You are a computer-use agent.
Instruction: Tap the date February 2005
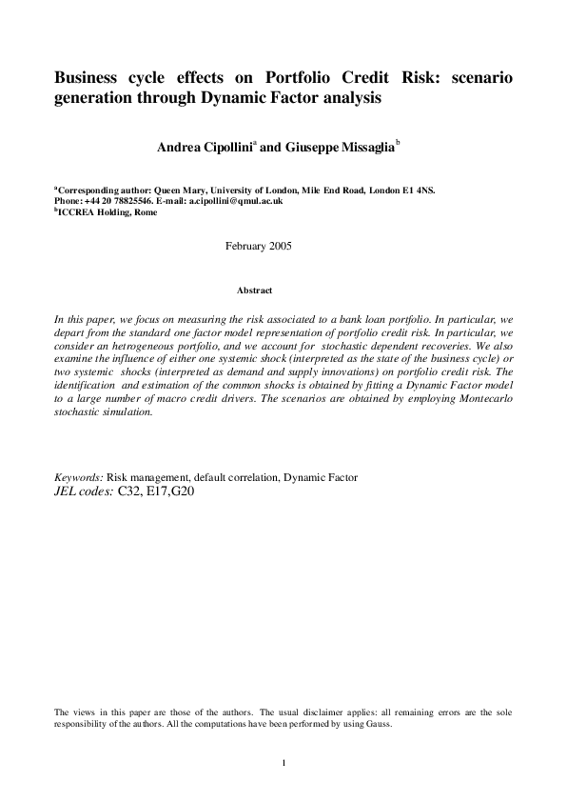pos(258,247)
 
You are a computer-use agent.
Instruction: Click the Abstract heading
pos(254,290)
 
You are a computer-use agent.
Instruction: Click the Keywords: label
pos(79,476)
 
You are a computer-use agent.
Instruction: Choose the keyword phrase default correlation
pos(231,476)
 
